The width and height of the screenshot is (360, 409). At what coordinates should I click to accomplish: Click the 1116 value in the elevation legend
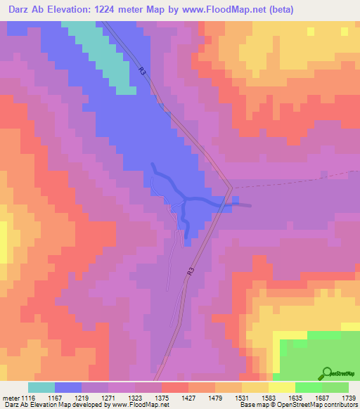(x=27, y=398)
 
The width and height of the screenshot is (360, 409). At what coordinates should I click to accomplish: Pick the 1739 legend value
(x=349, y=398)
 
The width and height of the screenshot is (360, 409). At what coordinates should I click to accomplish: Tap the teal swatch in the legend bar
(x=41, y=387)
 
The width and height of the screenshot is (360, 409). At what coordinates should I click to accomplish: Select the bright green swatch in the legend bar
(x=309, y=387)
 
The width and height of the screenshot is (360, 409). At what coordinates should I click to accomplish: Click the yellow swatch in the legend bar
(x=282, y=387)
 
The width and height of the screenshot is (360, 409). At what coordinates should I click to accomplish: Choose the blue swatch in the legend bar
(x=68, y=387)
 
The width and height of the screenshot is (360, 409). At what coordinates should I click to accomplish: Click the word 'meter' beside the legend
(x=10, y=398)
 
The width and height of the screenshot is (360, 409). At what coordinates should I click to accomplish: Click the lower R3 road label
(x=190, y=271)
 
